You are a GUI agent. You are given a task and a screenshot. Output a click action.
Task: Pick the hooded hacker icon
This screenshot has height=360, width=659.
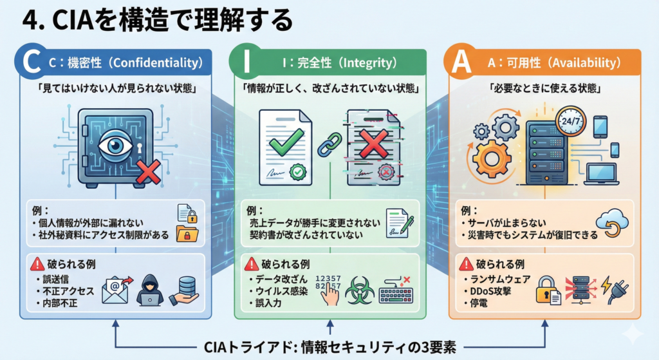coord(149,290)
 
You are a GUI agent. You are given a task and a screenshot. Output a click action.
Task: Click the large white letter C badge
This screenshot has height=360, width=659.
coord(30,63)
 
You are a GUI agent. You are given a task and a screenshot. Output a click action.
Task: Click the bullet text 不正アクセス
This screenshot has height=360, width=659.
coord(66,291)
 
